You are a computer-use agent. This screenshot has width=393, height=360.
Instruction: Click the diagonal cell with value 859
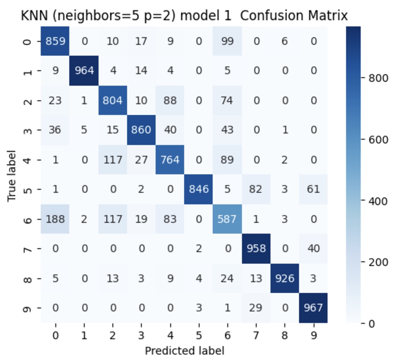tap(55, 41)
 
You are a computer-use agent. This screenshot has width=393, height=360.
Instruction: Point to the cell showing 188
tap(55, 219)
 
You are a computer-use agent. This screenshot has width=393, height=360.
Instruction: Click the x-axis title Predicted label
tap(184, 350)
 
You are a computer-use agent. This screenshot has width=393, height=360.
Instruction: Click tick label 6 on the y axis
tap(28, 219)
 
